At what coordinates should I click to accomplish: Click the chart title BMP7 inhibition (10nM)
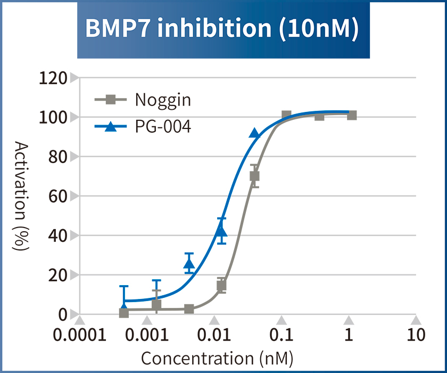223,29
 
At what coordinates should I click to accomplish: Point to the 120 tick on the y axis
53,78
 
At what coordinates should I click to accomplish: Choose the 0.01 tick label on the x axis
214,335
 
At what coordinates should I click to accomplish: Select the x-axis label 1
349,335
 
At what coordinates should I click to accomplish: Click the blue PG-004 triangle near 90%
255,133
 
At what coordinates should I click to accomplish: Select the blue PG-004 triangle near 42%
221,231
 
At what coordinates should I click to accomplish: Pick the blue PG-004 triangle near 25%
189,263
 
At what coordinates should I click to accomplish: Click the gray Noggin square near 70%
254,176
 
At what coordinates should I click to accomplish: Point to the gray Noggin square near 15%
221,286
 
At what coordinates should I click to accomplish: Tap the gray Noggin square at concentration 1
352,115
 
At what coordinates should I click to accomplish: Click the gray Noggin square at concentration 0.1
286,115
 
